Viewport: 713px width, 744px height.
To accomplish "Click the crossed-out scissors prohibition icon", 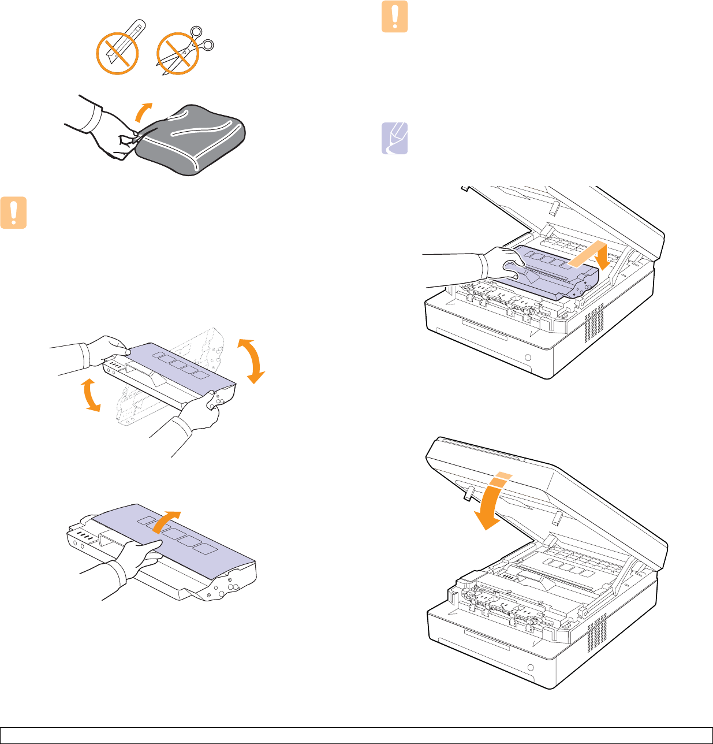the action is [x=179, y=54].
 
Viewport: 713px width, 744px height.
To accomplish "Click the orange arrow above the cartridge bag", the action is [x=144, y=111].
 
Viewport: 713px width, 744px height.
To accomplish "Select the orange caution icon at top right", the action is [x=395, y=16].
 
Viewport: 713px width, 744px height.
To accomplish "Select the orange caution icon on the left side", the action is [x=13, y=213].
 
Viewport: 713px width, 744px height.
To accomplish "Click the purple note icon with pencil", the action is [x=395, y=139].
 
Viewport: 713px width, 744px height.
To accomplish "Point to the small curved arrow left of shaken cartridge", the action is [x=89, y=394].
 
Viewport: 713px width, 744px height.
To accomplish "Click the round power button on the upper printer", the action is [x=528, y=357].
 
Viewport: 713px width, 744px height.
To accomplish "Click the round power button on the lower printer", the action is [x=531, y=667].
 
